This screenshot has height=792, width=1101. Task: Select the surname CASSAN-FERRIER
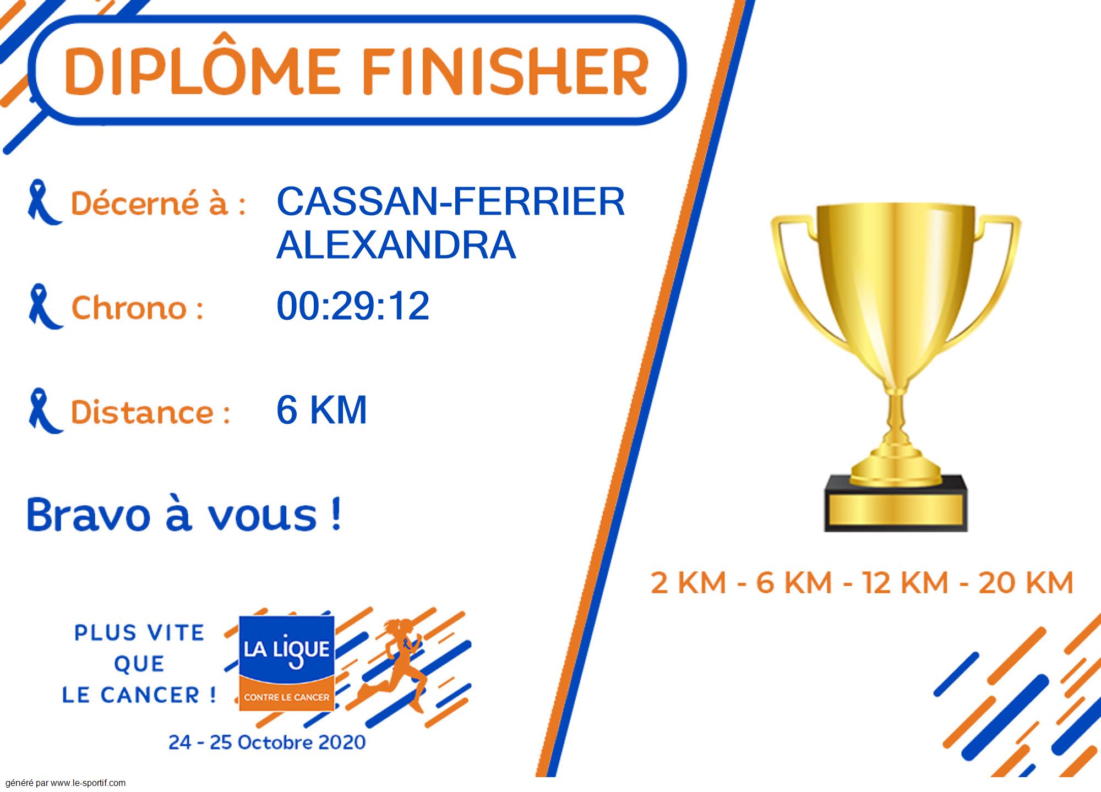pos(450,201)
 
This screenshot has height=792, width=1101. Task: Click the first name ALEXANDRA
pos(396,245)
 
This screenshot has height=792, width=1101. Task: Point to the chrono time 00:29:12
pos(352,305)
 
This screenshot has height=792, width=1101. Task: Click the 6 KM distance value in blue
pos(321,409)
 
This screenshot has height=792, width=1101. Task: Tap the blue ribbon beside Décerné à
pos(44,202)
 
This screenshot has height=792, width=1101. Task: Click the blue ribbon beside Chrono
pos(45,307)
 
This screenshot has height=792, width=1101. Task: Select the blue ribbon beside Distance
pos(45,411)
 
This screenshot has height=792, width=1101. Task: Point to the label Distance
pos(150,412)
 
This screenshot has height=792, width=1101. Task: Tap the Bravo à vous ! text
pos(184,514)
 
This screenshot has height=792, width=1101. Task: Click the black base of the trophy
pos(896,504)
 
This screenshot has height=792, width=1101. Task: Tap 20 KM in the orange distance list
pos(1026,583)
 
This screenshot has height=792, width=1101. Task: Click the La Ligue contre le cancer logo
pos(286,663)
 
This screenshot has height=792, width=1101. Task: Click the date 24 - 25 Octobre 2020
pos(267,742)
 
